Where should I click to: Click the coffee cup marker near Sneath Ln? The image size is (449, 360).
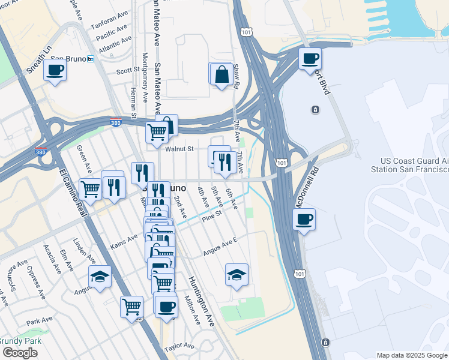click(55, 70)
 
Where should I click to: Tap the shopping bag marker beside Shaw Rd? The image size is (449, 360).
click(222, 75)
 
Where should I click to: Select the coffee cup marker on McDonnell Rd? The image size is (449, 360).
click(305, 219)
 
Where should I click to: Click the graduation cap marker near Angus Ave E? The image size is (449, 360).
click(237, 275)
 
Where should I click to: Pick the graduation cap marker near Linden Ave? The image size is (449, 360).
click(100, 277)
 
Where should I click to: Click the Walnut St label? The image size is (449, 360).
click(180, 148)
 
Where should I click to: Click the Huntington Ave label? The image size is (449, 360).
click(201, 301)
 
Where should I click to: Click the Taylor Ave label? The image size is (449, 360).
click(179, 346)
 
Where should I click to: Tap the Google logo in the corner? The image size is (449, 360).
click(20, 353)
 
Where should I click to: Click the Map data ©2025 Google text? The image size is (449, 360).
click(412, 355)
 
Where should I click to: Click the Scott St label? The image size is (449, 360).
click(128, 70)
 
